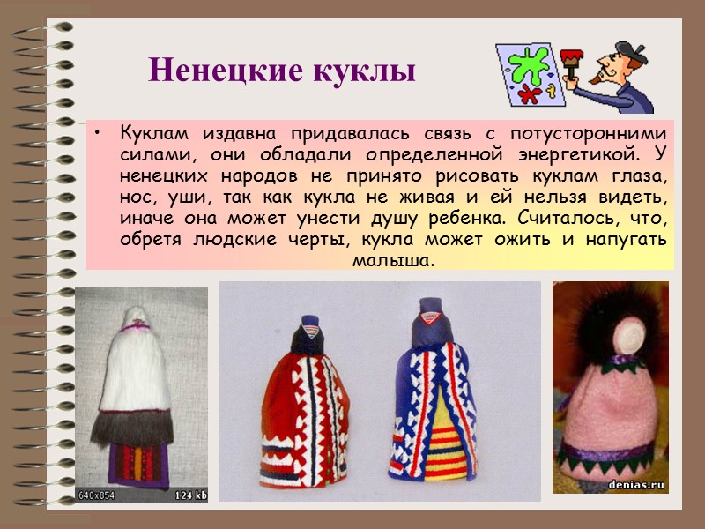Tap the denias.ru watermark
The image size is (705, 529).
[637, 484]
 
